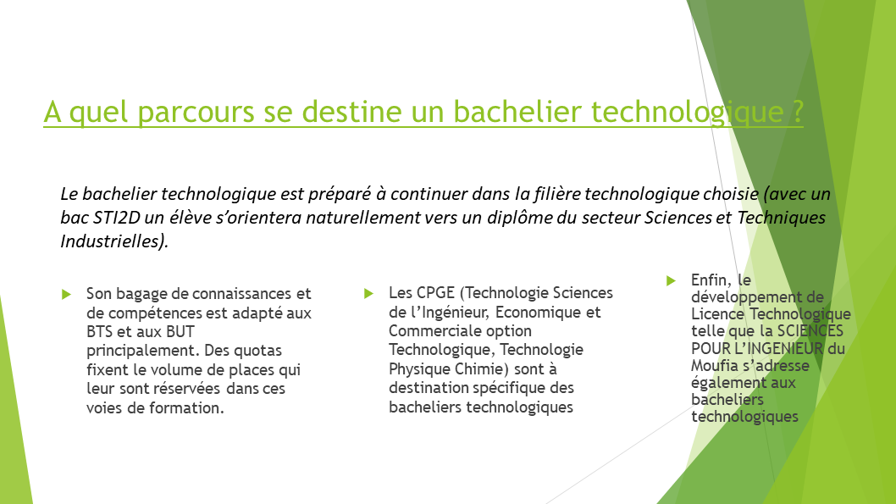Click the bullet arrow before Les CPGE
coord(368,293)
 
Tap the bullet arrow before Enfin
coord(671,280)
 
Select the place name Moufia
coord(715,366)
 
